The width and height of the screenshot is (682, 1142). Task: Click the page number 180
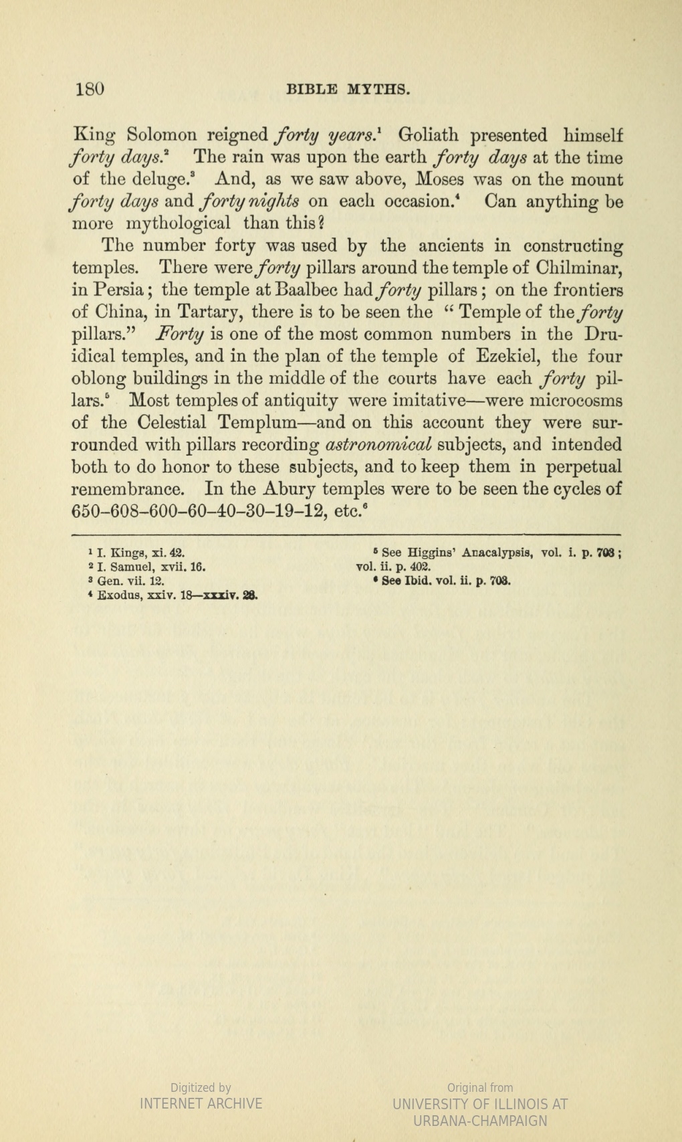click(90, 89)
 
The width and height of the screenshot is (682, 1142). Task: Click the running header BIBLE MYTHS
click(347, 90)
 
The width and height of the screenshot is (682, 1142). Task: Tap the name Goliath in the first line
click(428, 136)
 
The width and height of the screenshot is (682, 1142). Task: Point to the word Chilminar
click(579, 268)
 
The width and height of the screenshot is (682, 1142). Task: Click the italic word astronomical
click(379, 445)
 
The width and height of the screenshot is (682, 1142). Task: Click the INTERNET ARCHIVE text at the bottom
click(201, 1103)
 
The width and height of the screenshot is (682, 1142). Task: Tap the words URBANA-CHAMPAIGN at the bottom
click(480, 1121)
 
